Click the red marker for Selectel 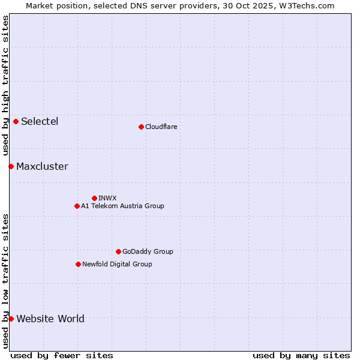[16, 121]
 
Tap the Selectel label [40, 122]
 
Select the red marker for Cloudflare [141, 127]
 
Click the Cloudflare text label [161, 127]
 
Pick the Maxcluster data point [11, 166]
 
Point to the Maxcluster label [42, 167]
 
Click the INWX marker [94, 198]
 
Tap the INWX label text [107, 198]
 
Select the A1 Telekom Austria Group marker [77, 206]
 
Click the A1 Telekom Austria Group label [122, 206]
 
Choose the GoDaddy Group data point [118, 251]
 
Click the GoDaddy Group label [148, 251]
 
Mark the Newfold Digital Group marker [78, 264]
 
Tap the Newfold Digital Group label [117, 264]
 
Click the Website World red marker [11, 319]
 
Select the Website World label [50, 319]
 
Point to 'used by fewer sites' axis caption [62, 355]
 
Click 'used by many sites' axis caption [301, 355]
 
